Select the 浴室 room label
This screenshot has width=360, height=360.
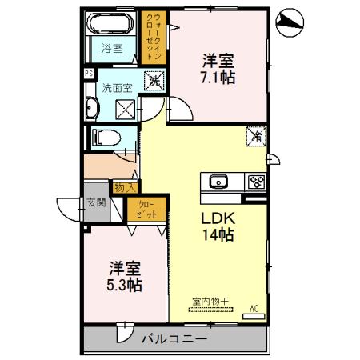click(x=111, y=48)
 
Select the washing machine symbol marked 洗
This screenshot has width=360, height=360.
click(x=152, y=80)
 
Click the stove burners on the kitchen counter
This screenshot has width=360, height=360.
click(x=256, y=181)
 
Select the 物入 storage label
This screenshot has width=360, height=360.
click(x=124, y=187)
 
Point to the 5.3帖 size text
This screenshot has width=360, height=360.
click(x=124, y=284)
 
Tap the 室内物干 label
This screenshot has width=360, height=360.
click(x=210, y=302)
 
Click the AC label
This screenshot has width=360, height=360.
click(x=254, y=309)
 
